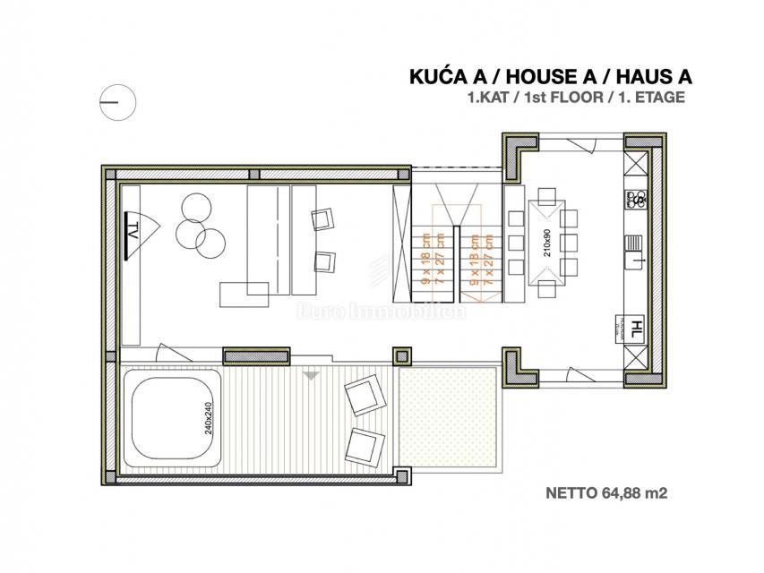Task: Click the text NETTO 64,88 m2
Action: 607,492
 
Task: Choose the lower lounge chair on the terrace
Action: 366,442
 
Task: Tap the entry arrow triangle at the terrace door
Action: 310,376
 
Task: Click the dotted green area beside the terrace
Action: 447,412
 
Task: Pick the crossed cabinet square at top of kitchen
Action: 638,164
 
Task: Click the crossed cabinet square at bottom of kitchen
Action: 637,357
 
